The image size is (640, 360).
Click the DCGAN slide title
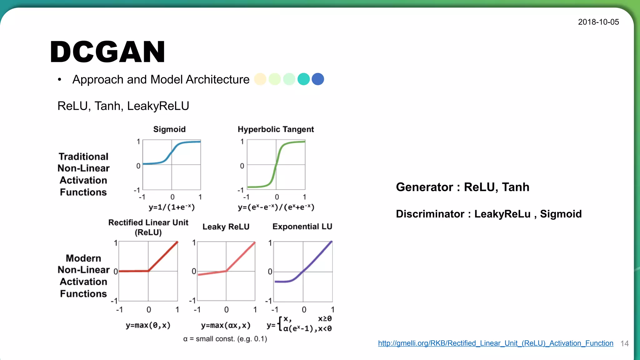(x=107, y=52)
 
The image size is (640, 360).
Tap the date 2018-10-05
(x=598, y=22)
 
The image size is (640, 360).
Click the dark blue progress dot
(x=318, y=79)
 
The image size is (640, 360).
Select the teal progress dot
(x=303, y=79)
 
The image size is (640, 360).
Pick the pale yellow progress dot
(x=260, y=79)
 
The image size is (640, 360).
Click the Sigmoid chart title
(x=169, y=129)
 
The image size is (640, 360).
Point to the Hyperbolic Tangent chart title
(x=276, y=129)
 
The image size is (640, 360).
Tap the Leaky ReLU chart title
(x=226, y=227)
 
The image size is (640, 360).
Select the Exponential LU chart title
(x=302, y=227)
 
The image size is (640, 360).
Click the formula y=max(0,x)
(x=148, y=325)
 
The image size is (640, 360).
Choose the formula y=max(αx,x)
(x=226, y=325)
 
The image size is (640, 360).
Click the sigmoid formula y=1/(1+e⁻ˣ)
(x=172, y=207)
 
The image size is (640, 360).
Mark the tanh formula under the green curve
(x=276, y=207)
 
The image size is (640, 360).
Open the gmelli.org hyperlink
(x=495, y=343)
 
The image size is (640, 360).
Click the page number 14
(x=624, y=344)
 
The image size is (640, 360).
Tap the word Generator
(x=424, y=187)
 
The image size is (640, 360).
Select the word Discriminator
(x=430, y=214)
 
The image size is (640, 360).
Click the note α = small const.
(x=225, y=339)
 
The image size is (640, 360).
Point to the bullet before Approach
(x=59, y=80)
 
